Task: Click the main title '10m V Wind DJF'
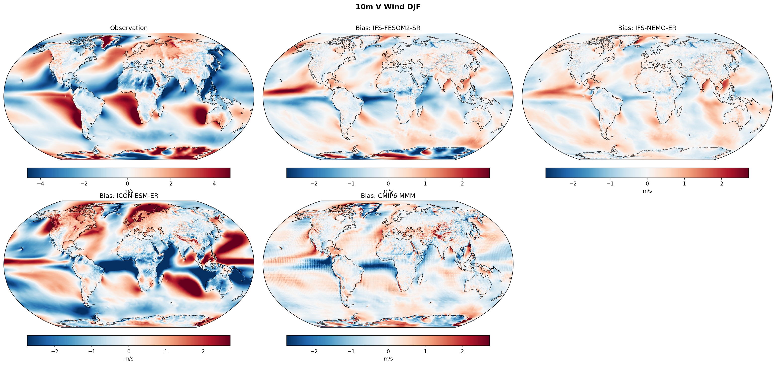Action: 388,7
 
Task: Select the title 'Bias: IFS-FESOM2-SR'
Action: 388,28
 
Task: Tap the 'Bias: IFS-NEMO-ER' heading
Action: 647,28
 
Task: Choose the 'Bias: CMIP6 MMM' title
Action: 388,196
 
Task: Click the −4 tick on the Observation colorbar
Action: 41,183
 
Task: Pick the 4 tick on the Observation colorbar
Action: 214,183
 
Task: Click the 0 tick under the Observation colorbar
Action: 127,183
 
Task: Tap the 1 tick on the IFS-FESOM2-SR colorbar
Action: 425,183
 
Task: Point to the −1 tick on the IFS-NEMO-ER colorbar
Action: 610,183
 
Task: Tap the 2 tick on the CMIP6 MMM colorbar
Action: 462,351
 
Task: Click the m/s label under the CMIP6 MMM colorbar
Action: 388,359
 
